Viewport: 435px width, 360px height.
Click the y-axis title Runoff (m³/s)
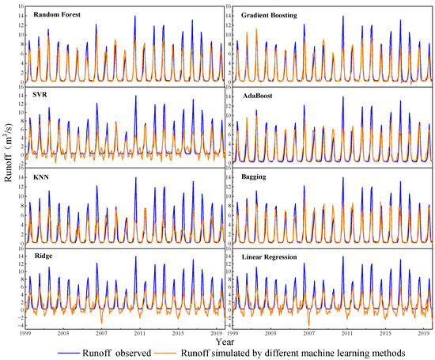7,169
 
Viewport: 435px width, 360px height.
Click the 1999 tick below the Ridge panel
26,334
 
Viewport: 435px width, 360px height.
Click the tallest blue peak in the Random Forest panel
134,16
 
